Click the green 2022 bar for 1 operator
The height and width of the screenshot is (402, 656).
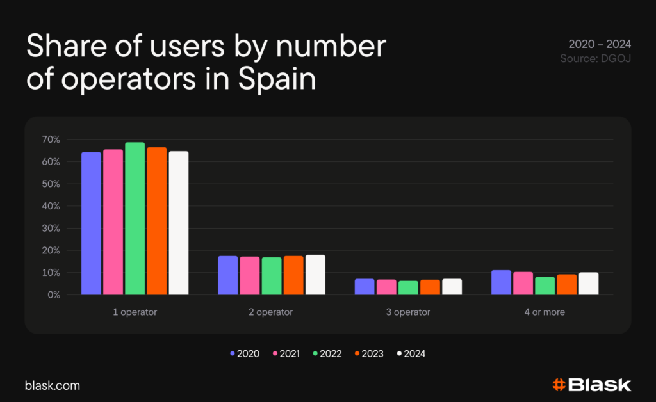click(x=135, y=218)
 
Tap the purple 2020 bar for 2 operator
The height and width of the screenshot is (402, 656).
click(x=227, y=275)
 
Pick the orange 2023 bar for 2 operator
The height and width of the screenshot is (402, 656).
click(x=293, y=275)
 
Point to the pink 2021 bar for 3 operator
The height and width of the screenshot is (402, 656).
click(x=386, y=287)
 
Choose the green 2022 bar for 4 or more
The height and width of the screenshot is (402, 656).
click(x=545, y=285)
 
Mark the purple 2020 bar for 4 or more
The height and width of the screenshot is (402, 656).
click(x=501, y=282)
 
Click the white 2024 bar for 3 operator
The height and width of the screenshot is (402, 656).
click(x=452, y=287)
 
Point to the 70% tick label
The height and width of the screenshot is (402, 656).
click(x=51, y=140)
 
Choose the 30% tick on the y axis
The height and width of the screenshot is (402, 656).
click(x=51, y=229)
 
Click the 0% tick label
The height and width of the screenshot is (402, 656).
click(x=54, y=295)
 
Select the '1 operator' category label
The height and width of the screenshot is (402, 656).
click(x=135, y=312)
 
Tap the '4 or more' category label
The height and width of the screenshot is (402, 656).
click(x=545, y=312)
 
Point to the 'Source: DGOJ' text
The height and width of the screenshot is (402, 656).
click(x=596, y=58)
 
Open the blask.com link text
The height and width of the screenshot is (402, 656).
click(x=53, y=386)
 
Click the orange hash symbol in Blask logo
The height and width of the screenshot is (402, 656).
click(x=559, y=385)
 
